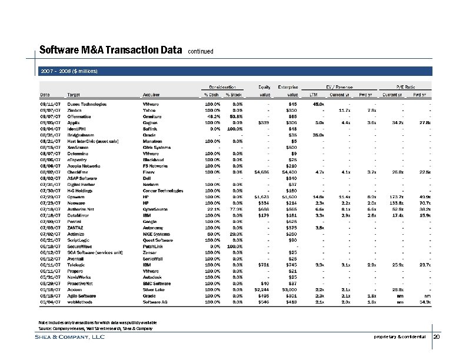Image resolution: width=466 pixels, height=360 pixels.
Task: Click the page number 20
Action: (436, 337)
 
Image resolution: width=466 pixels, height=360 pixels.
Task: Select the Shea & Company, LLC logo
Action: (72, 337)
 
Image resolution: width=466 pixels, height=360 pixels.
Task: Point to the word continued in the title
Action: (204, 52)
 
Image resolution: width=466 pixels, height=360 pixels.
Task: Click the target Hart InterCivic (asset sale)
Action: (93, 141)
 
